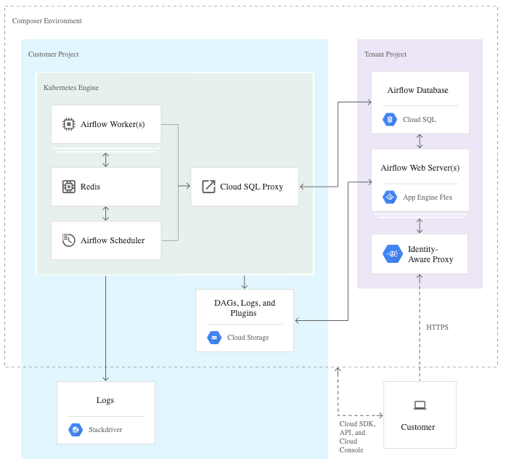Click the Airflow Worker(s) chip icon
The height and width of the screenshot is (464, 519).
point(69,124)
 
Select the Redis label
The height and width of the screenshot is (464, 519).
point(91,187)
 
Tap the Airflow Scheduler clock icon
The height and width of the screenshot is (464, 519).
point(69,240)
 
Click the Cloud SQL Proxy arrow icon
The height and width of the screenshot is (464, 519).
point(208,187)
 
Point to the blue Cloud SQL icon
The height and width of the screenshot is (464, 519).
point(390,119)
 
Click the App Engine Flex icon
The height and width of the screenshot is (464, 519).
point(390,197)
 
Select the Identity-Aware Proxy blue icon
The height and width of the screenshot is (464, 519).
point(393,253)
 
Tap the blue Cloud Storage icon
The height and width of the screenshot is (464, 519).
point(214,337)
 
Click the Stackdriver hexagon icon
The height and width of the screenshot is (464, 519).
point(75,429)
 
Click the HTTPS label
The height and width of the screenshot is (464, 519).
point(438,327)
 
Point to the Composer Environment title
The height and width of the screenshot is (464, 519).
point(47,21)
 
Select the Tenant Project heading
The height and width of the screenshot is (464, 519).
point(385,54)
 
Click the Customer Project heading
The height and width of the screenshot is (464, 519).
point(54,54)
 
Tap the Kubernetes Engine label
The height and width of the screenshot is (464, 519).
point(71,88)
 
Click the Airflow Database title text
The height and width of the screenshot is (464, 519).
point(417,91)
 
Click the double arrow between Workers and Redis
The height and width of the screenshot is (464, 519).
point(106,159)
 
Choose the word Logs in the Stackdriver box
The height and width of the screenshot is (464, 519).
point(105,400)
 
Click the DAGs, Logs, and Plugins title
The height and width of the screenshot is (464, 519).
point(245,308)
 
